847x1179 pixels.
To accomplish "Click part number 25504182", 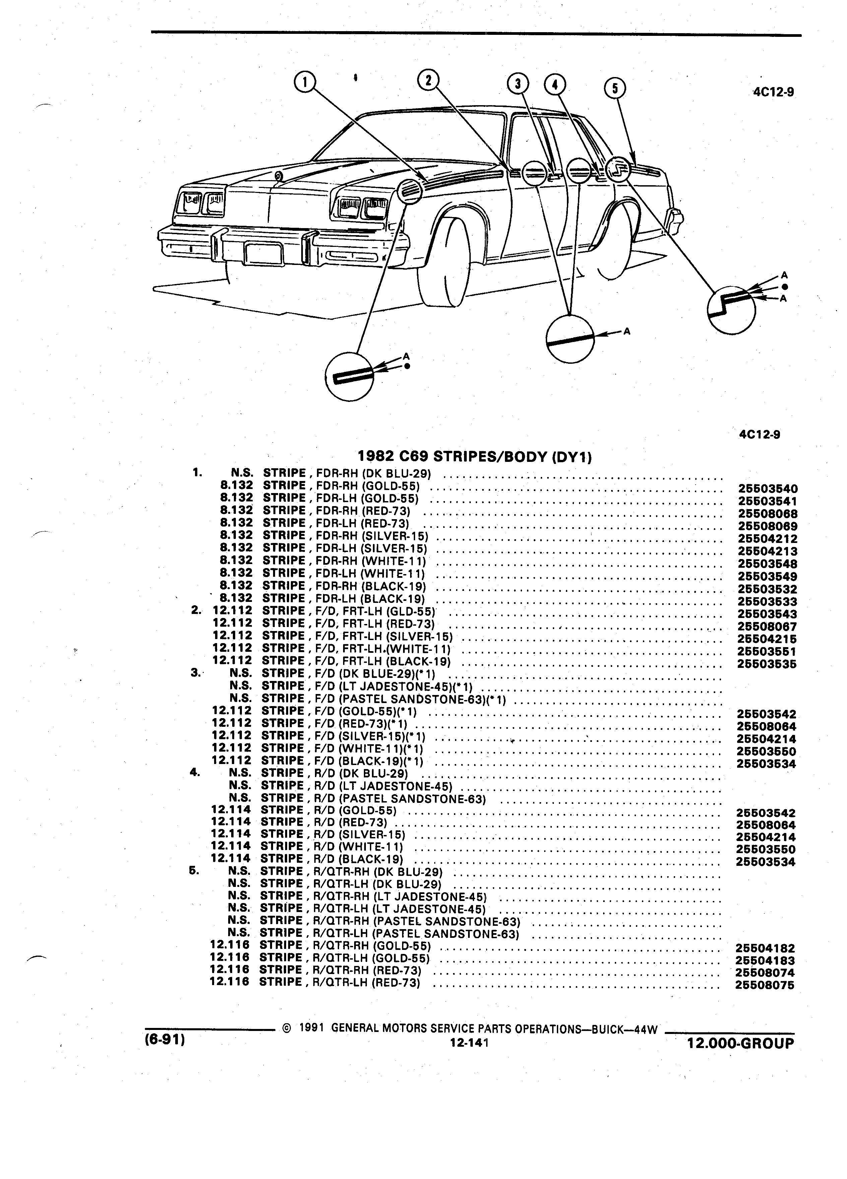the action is (765, 948).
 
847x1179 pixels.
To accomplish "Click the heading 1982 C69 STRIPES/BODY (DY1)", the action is (475, 457).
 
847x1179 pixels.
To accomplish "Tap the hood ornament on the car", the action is (279, 176).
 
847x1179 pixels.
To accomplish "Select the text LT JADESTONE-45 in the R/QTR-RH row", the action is (433, 896).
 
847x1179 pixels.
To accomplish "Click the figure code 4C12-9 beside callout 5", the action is (774, 92).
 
